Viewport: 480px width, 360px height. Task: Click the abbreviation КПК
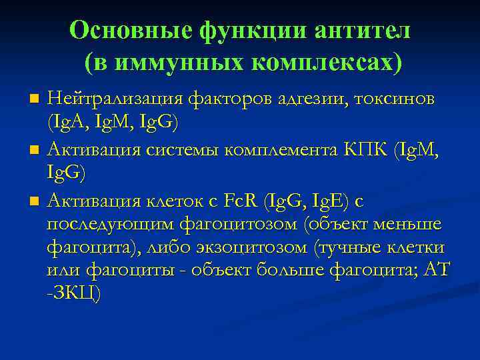click(365, 149)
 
